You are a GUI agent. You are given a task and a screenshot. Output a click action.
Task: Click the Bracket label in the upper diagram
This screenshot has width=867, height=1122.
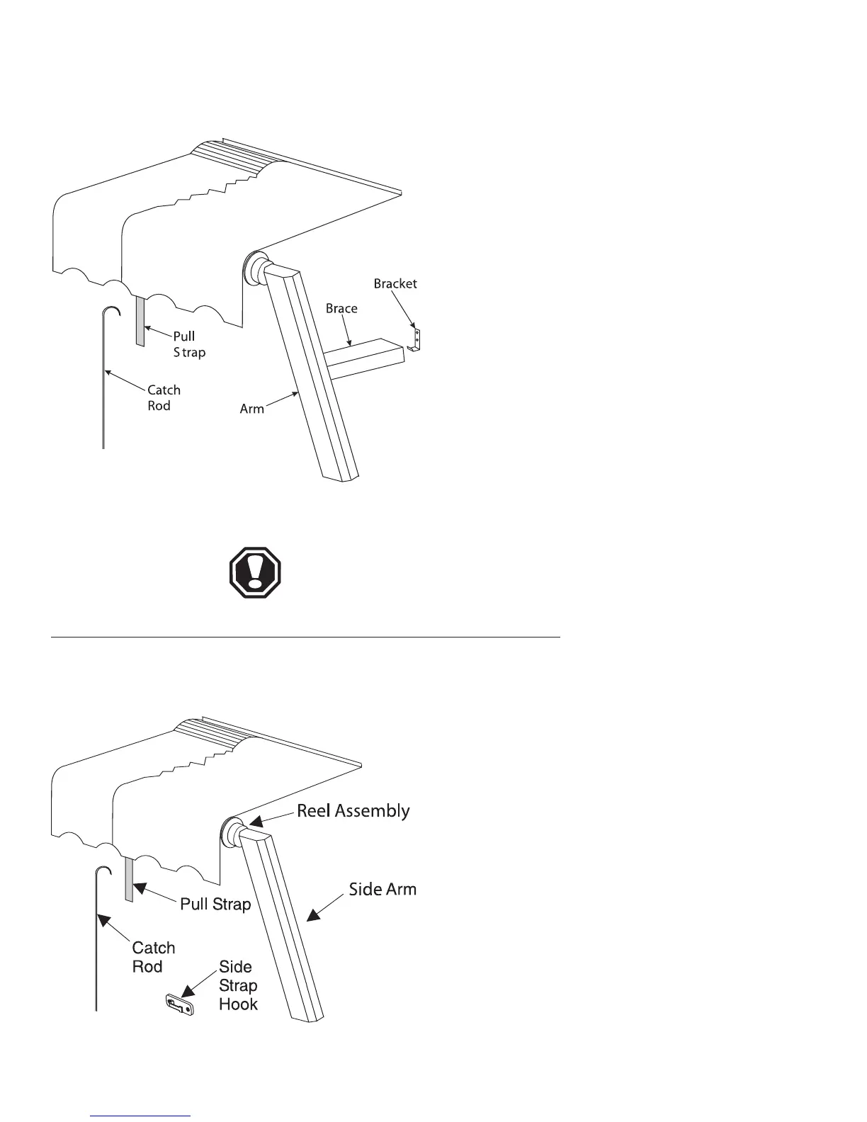click(x=395, y=283)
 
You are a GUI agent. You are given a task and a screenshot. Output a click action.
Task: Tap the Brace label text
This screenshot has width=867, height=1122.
click(x=341, y=308)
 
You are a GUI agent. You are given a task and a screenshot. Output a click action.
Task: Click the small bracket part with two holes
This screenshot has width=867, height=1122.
click(x=416, y=339)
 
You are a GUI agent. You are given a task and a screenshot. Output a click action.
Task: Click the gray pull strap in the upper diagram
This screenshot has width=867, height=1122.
click(x=140, y=322)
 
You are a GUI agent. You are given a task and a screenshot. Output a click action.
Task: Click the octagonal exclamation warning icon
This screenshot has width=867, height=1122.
click(x=255, y=572)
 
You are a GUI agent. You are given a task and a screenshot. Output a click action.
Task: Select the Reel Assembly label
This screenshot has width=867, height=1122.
click(x=353, y=810)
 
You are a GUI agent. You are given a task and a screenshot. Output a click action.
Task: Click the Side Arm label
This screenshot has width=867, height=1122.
click(x=382, y=889)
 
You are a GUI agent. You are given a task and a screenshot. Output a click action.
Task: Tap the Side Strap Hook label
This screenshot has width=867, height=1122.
click(x=238, y=985)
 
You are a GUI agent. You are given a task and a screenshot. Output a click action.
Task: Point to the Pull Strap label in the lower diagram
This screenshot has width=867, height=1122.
click(x=215, y=904)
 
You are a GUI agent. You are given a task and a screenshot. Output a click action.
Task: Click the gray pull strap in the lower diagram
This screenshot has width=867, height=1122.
click(x=129, y=879)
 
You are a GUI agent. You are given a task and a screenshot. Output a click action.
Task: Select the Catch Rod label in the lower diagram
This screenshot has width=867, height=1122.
click(x=153, y=957)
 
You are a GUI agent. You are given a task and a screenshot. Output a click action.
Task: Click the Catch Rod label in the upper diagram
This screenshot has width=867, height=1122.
click(x=164, y=397)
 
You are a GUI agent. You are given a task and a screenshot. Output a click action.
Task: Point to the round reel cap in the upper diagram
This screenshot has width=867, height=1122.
click(x=252, y=266)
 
